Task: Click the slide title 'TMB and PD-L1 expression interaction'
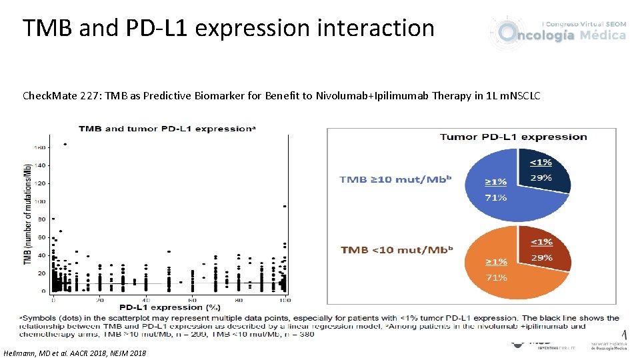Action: pyautogui.click(x=228, y=28)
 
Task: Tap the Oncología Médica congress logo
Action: pyautogui.click(x=558, y=31)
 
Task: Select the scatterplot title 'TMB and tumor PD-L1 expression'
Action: pyautogui.click(x=167, y=128)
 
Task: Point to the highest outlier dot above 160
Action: pyautogui.click(x=65, y=144)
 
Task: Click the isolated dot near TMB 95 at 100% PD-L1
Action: pyautogui.click(x=285, y=207)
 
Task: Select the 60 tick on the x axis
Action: pyautogui.click(x=193, y=299)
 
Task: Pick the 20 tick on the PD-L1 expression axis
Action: pyautogui.click(x=100, y=299)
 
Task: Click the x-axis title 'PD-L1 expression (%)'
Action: pyautogui.click(x=169, y=307)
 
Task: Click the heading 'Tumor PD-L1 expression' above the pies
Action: pyautogui.click(x=513, y=137)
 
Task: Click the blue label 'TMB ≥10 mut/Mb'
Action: pyautogui.click(x=396, y=180)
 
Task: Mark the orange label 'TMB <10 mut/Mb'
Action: pyautogui.click(x=397, y=250)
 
